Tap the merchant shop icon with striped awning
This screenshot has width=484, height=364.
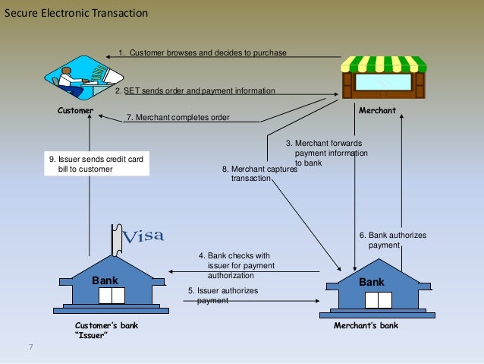[383, 76]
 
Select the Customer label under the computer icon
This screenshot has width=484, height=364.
[76, 110]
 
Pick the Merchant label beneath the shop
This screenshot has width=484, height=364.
[377, 110]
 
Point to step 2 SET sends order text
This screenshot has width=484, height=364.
[195, 90]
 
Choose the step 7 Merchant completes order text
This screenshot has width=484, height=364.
[178, 118]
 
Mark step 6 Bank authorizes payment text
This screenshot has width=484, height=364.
[392, 240]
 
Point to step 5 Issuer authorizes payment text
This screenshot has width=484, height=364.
[223, 296]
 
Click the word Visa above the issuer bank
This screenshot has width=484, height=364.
[143, 236]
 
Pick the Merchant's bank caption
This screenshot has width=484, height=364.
[366, 325]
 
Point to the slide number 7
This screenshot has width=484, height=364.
[31, 347]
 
